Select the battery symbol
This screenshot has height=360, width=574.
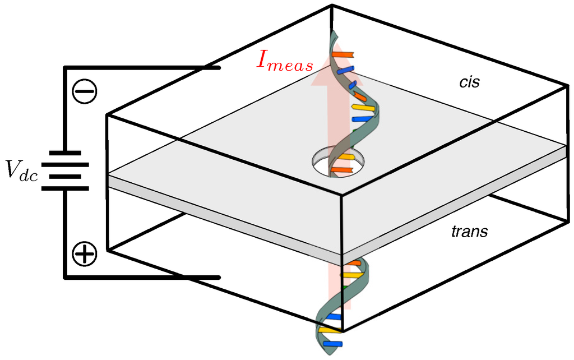click(65, 170)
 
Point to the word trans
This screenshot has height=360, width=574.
click(469, 230)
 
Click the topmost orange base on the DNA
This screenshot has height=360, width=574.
click(342, 54)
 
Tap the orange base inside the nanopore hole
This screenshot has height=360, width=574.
click(341, 168)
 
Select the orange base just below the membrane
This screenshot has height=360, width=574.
click(354, 263)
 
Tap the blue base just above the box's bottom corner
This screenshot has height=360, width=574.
click(334, 317)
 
